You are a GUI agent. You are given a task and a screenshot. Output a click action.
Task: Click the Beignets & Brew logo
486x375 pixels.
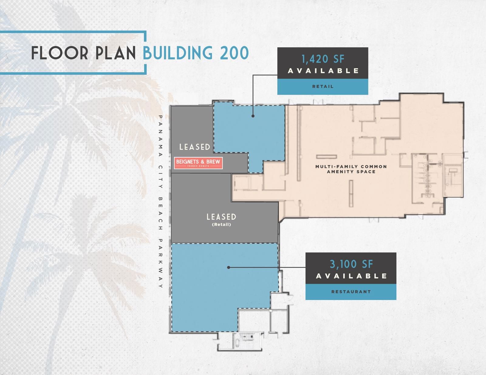[198, 163]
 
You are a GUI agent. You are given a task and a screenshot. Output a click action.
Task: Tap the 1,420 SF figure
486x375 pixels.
[323, 59]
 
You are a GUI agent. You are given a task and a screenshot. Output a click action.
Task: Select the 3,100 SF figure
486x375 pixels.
[351, 264]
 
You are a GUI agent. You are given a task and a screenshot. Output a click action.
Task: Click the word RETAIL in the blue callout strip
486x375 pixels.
[323, 86]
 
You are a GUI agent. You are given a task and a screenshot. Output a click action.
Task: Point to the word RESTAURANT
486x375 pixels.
[351, 292]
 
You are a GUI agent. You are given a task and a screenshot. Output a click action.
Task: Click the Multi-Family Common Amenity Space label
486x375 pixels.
[351, 169]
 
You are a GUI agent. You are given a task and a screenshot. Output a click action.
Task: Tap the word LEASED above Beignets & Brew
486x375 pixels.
[195, 147]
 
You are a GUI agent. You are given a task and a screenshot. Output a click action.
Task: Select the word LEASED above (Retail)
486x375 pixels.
[221, 217]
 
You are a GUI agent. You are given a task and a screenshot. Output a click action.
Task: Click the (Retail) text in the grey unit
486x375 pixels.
[221, 225]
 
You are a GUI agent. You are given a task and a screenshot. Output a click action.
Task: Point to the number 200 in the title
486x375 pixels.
[234, 53]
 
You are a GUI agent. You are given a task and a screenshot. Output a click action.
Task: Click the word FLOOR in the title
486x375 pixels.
[60, 53]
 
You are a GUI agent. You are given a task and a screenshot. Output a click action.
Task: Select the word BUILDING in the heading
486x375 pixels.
[178, 53]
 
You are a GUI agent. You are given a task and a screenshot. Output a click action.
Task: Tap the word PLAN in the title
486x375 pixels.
[116, 53]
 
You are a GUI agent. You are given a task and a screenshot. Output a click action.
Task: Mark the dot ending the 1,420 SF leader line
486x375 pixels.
[253, 116]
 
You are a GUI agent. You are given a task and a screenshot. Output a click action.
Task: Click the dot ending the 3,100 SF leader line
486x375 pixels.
[228, 267]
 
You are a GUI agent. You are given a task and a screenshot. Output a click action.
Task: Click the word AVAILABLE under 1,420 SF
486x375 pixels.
[323, 71]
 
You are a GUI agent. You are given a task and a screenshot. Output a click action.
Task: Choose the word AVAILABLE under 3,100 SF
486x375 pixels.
[351, 276]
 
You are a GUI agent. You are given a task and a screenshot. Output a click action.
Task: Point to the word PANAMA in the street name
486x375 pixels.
[160, 136]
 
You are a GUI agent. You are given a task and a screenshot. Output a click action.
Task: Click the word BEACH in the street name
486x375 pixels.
[160, 214]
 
